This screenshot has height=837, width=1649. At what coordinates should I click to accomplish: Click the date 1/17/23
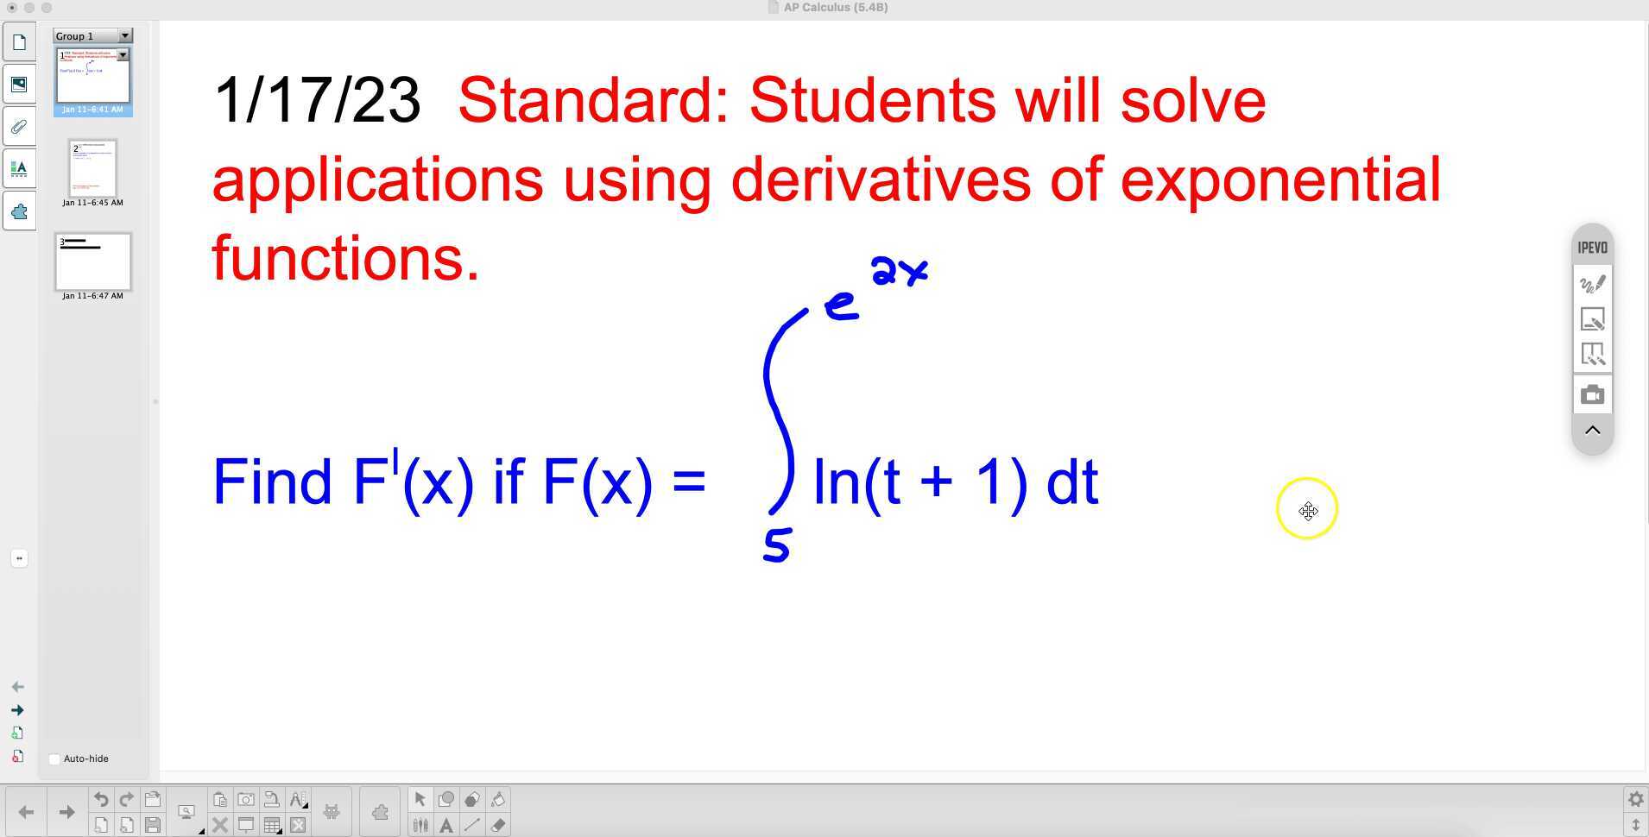pos(317,100)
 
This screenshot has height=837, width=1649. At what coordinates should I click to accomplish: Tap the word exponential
pos(1279,179)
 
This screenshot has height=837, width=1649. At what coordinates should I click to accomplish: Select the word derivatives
pos(881,179)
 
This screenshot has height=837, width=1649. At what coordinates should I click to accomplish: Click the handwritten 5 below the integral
pos(777,545)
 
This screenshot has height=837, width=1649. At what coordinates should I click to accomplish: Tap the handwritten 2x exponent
pos(899,271)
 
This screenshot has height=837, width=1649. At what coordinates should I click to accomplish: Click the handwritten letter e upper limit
pos(841,305)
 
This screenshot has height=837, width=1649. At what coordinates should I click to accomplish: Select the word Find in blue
pos(272,481)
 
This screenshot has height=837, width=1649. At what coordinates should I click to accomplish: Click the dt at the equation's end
pos(1071,481)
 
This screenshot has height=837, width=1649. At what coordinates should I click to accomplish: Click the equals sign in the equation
pos(688,481)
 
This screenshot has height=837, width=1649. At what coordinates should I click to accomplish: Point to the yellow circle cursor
pos(1307,509)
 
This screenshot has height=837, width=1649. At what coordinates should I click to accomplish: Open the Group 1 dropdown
pos(125,35)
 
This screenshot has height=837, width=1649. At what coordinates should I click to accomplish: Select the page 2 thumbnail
pos(92,168)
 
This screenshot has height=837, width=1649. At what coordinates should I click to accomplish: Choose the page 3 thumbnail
pos(92,261)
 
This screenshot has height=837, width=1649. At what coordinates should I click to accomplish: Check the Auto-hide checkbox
pos(54,758)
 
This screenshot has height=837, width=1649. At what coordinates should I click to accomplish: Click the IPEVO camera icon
pos(1592,395)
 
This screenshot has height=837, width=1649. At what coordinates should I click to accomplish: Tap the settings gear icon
pos(1634,799)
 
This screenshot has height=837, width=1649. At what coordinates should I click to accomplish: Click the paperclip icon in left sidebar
pos(19,127)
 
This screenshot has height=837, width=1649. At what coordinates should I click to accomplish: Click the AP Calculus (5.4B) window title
pos(835,7)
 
